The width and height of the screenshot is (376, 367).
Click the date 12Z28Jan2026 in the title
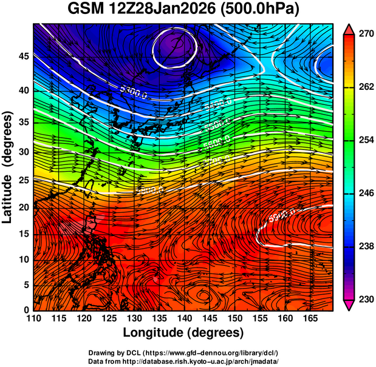tap(171, 10)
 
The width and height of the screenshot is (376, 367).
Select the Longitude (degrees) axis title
tap(183, 332)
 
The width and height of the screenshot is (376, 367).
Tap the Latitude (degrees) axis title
tap(9, 167)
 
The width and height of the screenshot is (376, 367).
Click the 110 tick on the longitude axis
tap(33, 318)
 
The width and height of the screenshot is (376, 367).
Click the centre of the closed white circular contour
tap(175, 47)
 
